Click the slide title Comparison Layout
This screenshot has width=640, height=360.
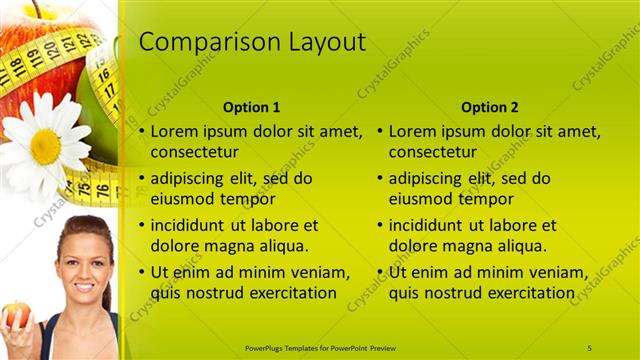[x=252, y=42]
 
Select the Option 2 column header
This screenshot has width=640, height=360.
[x=491, y=107]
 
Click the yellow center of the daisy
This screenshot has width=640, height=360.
[x=45, y=146]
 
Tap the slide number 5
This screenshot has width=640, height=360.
[x=590, y=347]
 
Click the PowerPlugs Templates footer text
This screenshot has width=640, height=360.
[x=320, y=347]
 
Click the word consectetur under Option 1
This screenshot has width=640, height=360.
[x=194, y=153]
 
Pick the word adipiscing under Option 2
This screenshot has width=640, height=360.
[x=424, y=179]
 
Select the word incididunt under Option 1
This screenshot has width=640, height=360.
[x=187, y=225]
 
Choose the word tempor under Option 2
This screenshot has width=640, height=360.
[x=486, y=199]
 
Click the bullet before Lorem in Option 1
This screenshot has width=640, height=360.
[x=142, y=131]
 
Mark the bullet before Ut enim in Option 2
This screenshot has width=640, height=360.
[x=380, y=272]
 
